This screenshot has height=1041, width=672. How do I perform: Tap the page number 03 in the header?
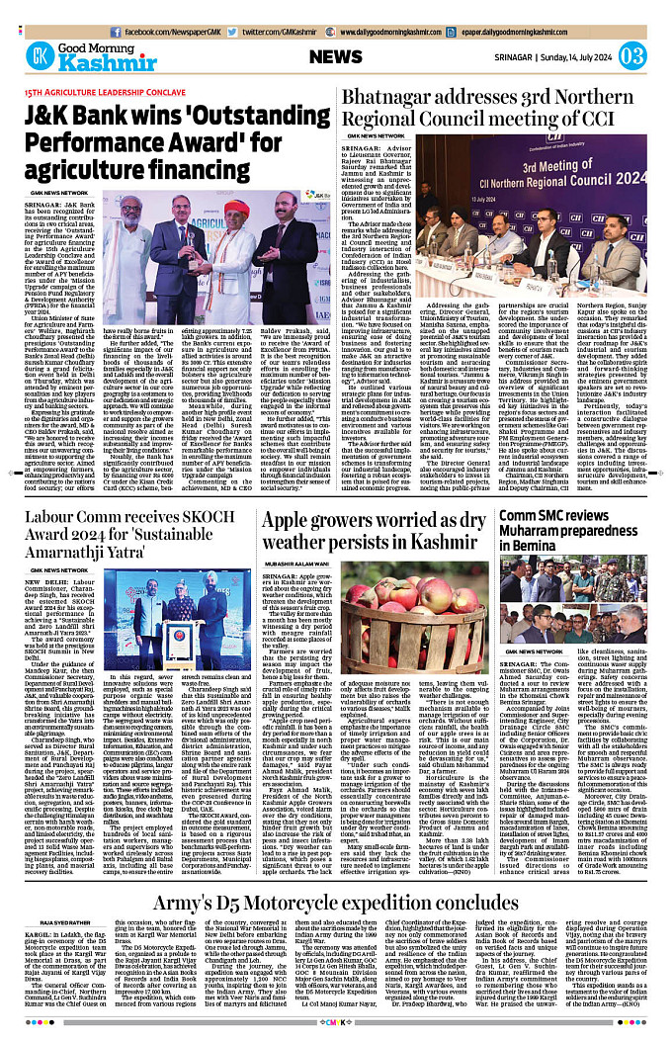[632, 55]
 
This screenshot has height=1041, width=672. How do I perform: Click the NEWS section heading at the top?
[342, 55]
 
